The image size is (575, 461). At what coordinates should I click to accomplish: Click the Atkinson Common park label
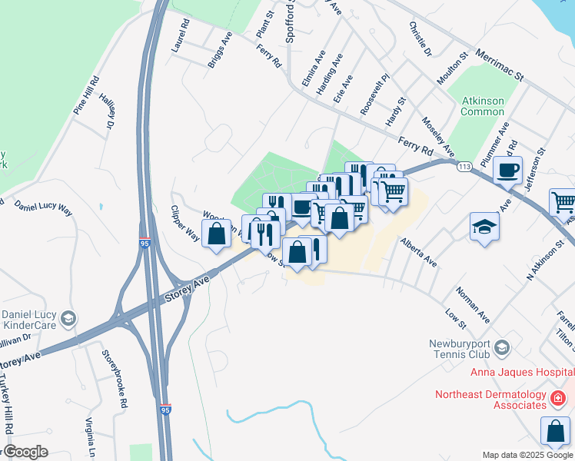point(482,105)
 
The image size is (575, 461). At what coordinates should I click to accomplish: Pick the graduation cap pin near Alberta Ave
point(485,227)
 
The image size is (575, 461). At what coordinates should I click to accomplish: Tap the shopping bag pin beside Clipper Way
point(217,233)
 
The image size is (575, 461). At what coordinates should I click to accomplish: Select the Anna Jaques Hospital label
point(523,373)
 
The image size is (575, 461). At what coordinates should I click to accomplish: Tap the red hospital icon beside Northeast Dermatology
point(557,398)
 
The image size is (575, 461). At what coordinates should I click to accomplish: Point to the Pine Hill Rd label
point(86,95)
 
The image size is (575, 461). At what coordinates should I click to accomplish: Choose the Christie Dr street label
point(420,38)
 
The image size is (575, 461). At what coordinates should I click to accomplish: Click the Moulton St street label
point(454,69)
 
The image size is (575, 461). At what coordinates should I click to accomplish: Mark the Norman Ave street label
point(472,304)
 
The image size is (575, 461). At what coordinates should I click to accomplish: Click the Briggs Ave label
point(220,50)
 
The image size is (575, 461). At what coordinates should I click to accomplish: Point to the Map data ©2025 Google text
point(526,455)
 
